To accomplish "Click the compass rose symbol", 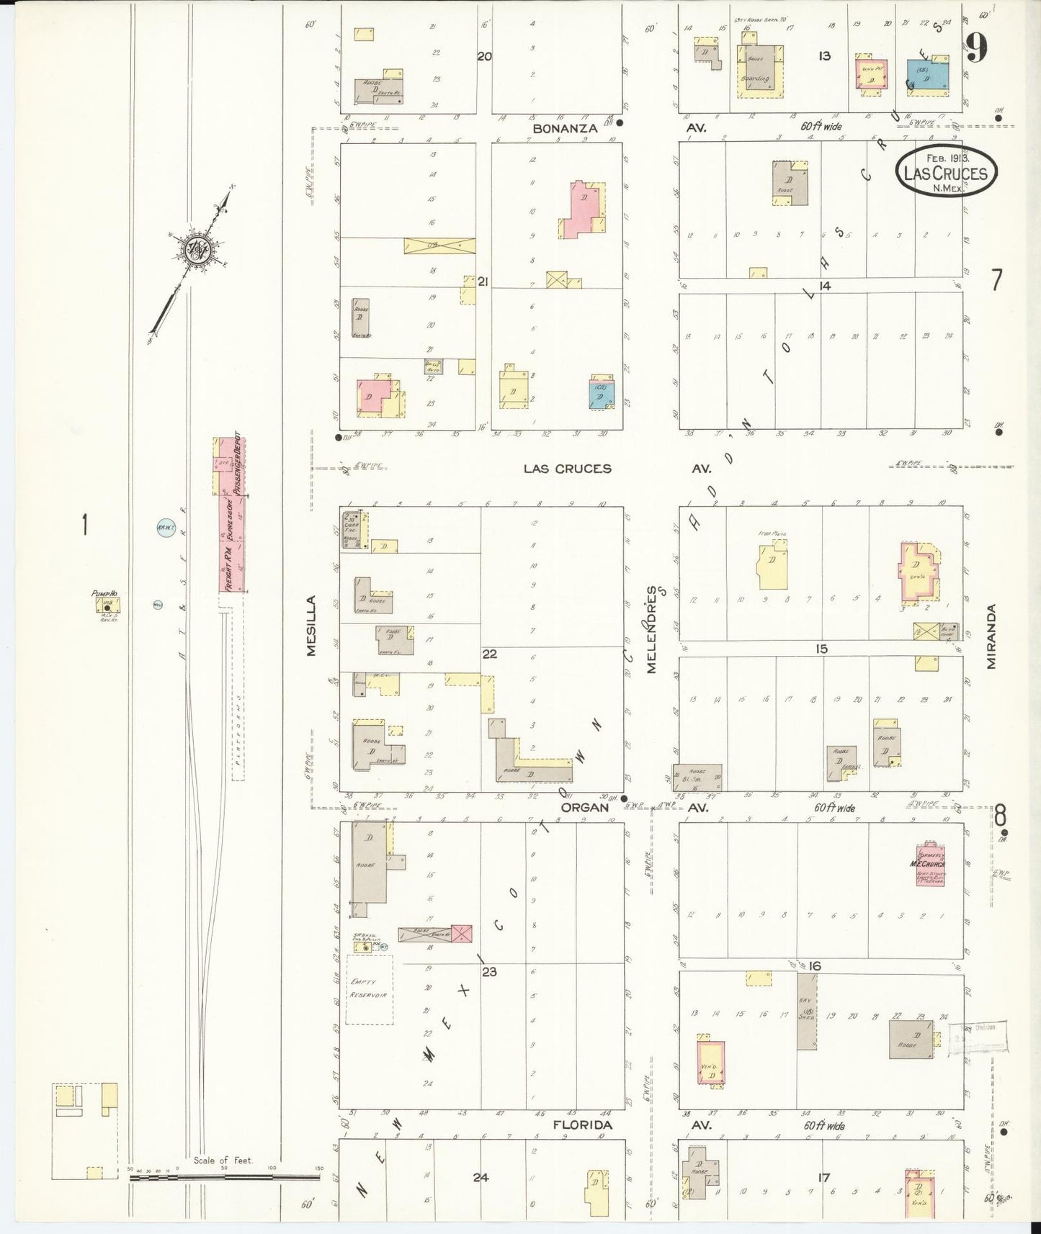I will point(195,251).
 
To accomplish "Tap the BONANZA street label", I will point(565,128).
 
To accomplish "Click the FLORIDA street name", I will point(582,1125).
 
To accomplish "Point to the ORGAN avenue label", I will point(585,808).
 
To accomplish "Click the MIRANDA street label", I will point(991,636).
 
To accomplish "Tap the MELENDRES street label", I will point(652,630).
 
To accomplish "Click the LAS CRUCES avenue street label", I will point(567,469).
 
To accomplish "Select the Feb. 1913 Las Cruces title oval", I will point(947,172).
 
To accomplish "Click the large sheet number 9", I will point(976,48).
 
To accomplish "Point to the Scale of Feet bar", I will point(224,1179).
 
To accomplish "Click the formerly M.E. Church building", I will point(929,864).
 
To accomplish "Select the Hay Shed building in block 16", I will point(806,1011).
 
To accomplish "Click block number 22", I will point(490,654).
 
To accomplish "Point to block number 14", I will point(824,286).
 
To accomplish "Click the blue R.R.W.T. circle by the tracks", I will point(162,529).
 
